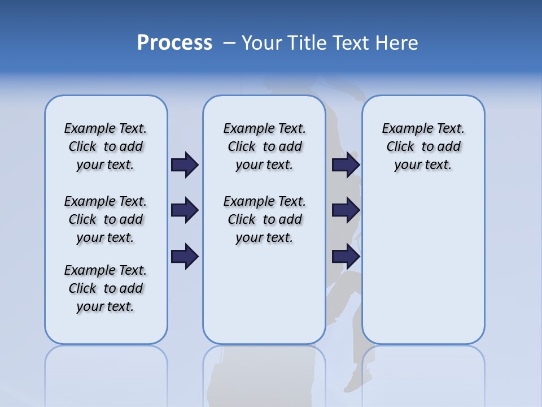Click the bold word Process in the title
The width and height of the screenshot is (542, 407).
pyautogui.click(x=174, y=43)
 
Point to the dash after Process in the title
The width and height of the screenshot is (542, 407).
pyautogui.click(x=229, y=43)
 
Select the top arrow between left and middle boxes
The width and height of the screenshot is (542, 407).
pyautogui.click(x=185, y=164)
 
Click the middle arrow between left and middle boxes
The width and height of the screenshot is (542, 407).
pyautogui.click(x=185, y=210)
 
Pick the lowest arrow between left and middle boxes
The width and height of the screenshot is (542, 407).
pyautogui.click(x=185, y=257)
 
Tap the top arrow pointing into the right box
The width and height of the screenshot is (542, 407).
pyautogui.click(x=346, y=164)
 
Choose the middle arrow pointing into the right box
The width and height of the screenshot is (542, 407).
pyautogui.click(x=346, y=210)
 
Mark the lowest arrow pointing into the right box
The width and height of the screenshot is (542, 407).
pyautogui.click(x=346, y=257)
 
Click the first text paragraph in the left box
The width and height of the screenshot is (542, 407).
pyautogui.click(x=106, y=146)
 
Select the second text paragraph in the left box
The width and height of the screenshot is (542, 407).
pyautogui.click(x=106, y=219)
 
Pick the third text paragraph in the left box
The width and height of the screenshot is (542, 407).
pyautogui.click(x=106, y=288)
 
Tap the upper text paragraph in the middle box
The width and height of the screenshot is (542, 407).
pyautogui.click(x=264, y=146)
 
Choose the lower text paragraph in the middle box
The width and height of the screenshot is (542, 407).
pyautogui.click(x=264, y=219)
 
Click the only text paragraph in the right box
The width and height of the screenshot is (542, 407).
pyautogui.click(x=423, y=146)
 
